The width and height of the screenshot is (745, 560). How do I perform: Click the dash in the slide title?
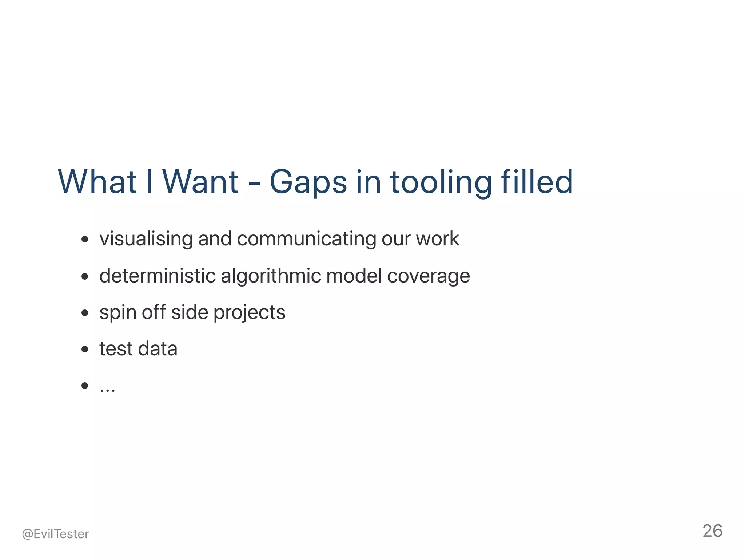(254, 183)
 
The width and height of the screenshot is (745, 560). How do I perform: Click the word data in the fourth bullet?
(158, 348)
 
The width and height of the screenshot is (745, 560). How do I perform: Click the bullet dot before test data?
(85, 350)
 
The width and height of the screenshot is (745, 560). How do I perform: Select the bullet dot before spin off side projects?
(85, 313)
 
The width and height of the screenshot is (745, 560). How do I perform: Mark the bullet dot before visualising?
(85, 240)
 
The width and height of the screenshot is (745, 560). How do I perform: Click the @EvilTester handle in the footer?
(55, 534)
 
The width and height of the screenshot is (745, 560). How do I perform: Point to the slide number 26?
(712, 531)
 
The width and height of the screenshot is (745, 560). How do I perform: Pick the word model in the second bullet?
(354, 276)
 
